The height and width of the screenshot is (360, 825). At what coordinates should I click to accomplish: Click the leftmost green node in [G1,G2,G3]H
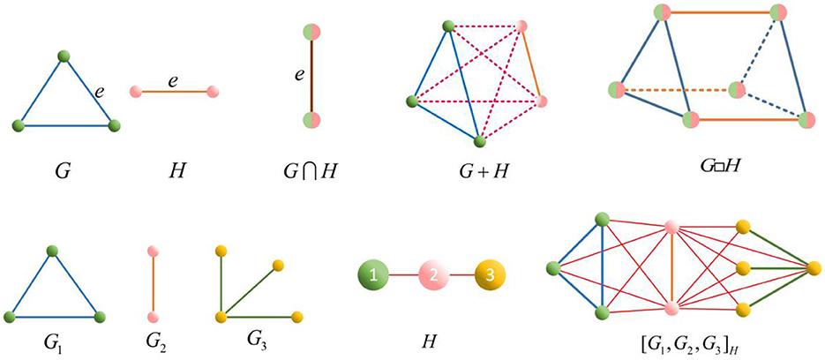point(554,266)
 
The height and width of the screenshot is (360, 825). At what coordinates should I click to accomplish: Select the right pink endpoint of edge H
point(213,91)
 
